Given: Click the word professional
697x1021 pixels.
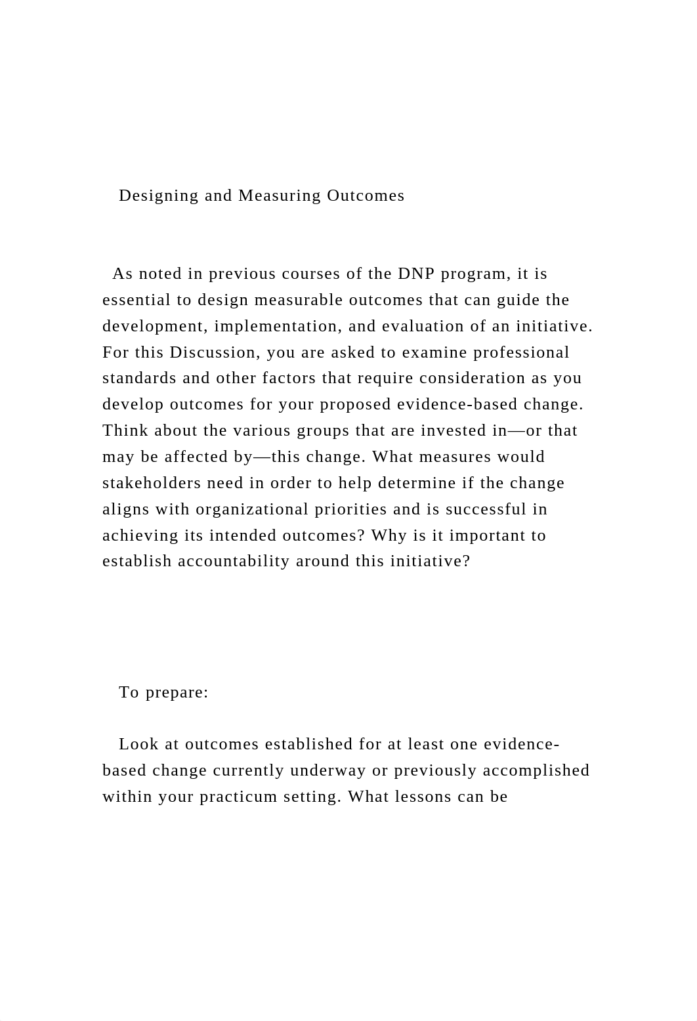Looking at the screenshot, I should [x=521, y=352].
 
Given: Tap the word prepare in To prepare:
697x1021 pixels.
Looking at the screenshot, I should [x=177, y=692].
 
